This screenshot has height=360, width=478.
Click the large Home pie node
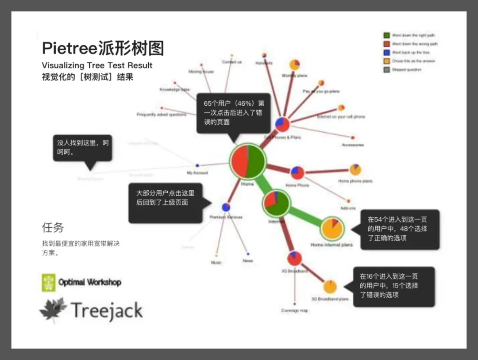click(247, 161)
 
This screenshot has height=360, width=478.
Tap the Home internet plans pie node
click(332, 228)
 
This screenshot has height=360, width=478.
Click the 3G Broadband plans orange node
click(330, 287)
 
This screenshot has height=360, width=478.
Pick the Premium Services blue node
click(226, 207)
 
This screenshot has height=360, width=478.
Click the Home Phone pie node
click(297, 172)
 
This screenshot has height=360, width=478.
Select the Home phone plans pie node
click(355, 169)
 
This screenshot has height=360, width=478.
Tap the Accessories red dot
click(353, 138)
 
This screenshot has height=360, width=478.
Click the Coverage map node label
click(294, 310)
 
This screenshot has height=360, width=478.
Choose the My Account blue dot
click(197, 165)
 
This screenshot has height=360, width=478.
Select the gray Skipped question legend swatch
click(386, 69)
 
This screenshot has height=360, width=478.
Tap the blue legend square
click(386, 52)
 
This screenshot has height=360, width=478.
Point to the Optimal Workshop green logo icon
click(49, 283)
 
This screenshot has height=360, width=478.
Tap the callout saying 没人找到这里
click(82, 148)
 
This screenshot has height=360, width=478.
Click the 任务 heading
click(53, 227)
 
